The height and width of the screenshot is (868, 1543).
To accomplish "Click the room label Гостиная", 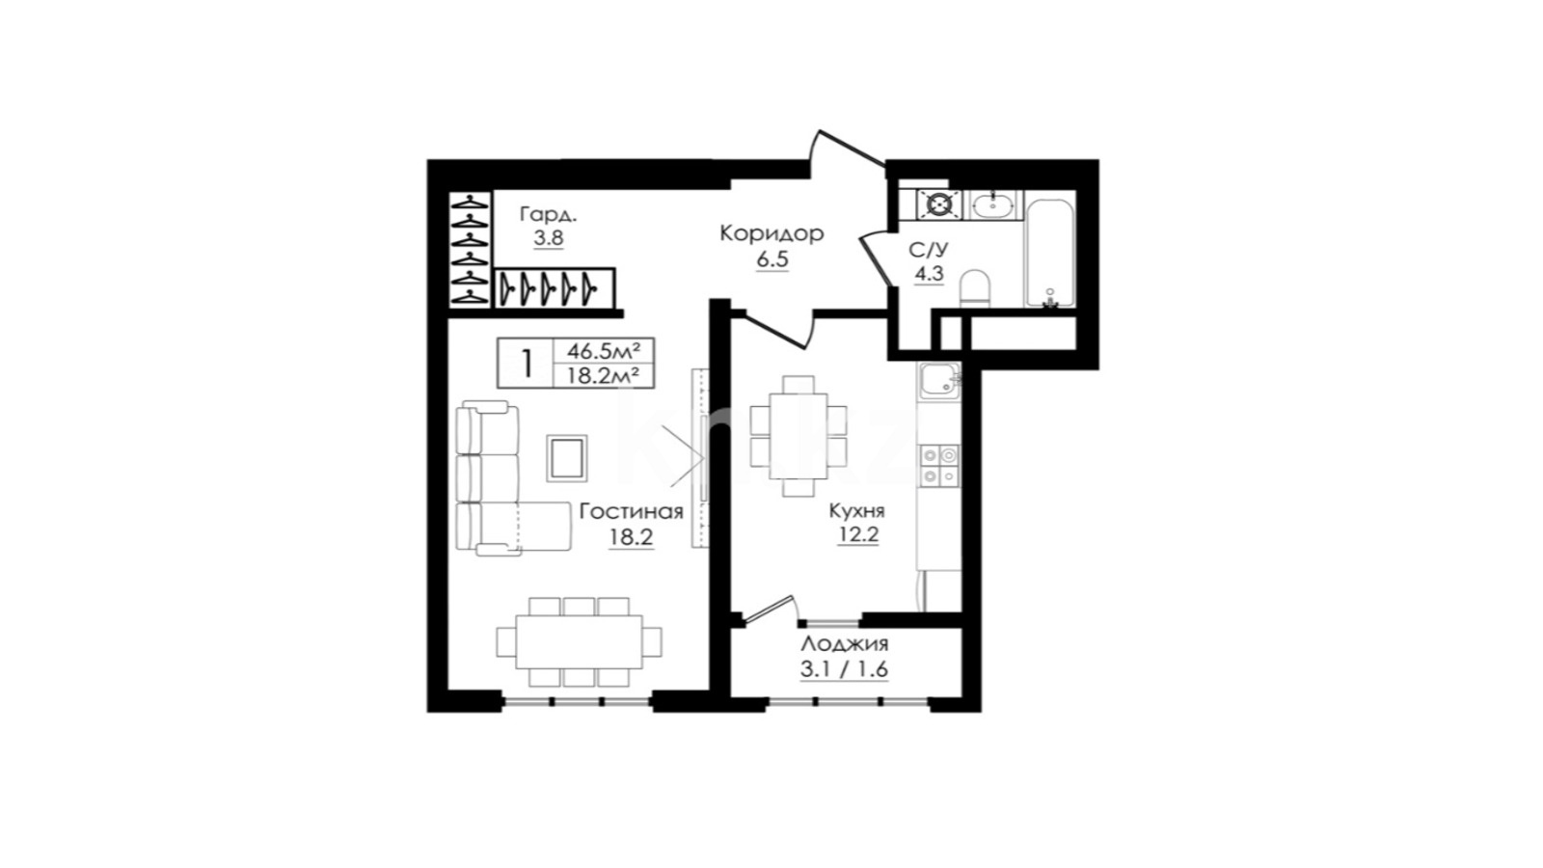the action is click(631, 512).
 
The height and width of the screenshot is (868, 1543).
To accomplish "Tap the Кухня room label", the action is click(857, 511).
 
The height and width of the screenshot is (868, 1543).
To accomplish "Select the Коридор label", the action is click(771, 234).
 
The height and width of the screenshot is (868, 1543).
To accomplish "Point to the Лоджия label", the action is click(845, 645).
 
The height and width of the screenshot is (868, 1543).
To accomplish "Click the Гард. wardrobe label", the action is click(549, 214).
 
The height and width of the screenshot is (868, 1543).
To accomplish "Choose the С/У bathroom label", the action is click(929, 250).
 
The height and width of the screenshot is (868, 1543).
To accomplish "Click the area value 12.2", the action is click(858, 534).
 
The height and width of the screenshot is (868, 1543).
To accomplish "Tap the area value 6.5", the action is click(772, 260).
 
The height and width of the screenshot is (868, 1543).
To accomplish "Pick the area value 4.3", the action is click(929, 274).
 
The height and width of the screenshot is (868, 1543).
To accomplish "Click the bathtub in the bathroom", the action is click(1049, 252).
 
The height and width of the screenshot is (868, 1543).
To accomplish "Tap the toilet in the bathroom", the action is click(974, 288).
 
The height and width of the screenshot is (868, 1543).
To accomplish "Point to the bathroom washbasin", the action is click(992, 204).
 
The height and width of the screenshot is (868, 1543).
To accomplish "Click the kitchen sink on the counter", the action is click(938, 379).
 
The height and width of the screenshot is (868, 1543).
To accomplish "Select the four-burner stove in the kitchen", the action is click(939, 466).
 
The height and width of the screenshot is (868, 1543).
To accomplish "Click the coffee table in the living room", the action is click(567, 457).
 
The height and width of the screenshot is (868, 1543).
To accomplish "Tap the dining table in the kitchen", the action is click(798, 435).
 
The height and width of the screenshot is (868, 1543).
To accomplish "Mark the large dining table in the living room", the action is click(579, 642).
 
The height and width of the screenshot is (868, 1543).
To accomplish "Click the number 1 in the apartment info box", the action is click(527, 363).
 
